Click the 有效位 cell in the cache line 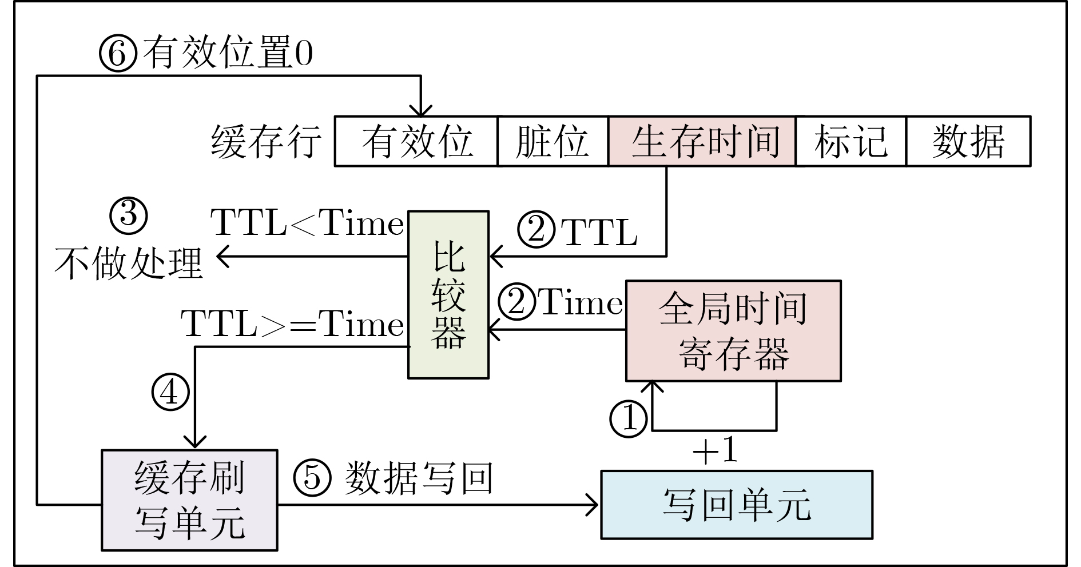416,142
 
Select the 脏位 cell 553,142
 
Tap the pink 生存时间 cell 702,142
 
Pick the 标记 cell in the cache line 851,142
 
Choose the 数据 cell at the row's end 968,142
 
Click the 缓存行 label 266,142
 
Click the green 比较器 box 448,295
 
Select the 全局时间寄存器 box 733,330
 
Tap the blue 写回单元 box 737,505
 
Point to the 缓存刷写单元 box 189,500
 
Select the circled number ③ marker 128,215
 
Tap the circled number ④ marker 170,393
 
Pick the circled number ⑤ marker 312,477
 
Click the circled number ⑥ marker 118,54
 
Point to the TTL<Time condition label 308,223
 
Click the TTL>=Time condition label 293,324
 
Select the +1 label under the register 715,450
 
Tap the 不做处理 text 129,263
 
